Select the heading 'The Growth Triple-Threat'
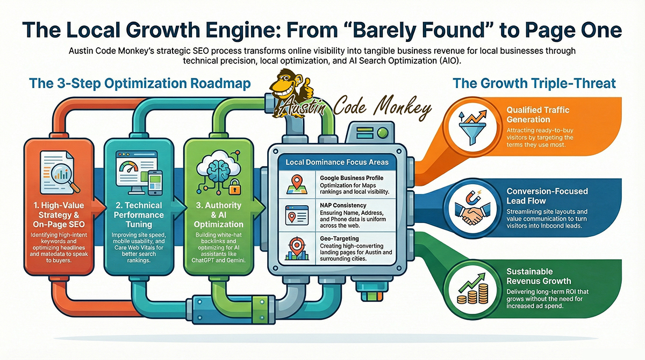(534, 83)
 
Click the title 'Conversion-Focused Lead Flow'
(547, 196)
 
